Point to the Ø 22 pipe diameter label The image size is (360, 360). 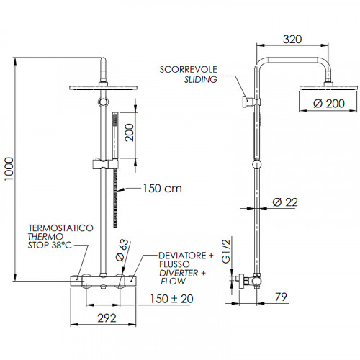click(286, 203)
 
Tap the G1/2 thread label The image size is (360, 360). click(225, 250)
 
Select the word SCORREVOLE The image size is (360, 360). click(189, 70)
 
